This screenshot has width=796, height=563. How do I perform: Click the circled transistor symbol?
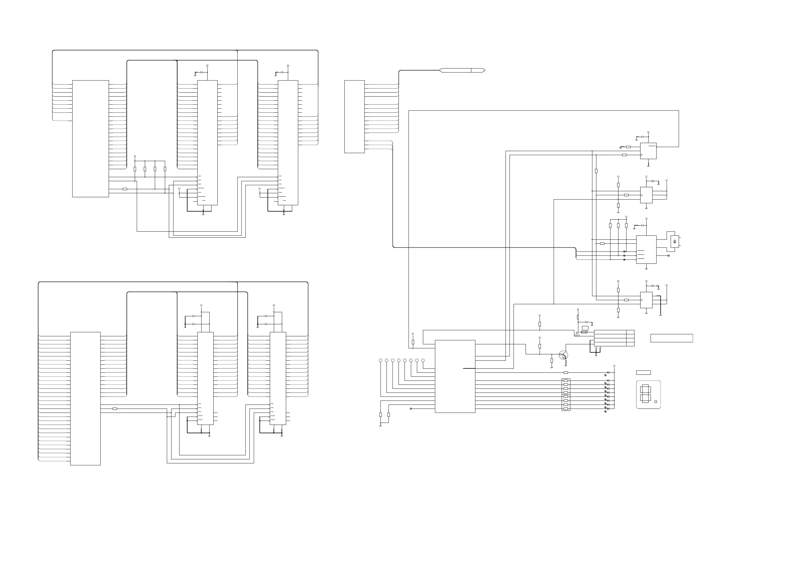tap(563, 355)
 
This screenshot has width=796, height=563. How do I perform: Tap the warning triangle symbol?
tap(577, 334)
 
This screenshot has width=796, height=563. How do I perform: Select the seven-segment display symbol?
tap(645, 395)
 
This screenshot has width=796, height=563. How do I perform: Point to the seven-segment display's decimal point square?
tap(656, 402)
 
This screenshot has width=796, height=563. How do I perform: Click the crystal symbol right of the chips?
tap(675, 241)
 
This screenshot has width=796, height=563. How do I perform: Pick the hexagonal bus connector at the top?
tap(462, 70)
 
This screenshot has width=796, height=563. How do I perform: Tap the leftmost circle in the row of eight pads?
tap(381, 360)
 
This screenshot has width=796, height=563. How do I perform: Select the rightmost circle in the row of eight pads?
tap(423, 360)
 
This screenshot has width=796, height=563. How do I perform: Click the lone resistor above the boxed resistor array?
tap(566, 372)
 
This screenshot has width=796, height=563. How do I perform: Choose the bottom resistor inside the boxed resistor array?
tap(566, 409)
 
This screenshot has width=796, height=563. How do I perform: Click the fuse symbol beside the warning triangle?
tap(584, 332)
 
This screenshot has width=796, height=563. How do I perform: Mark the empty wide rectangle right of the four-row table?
tap(672, 338)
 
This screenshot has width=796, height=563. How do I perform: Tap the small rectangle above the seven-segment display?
tap(643, 372)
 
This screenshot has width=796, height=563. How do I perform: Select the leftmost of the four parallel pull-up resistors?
tap(135, 169)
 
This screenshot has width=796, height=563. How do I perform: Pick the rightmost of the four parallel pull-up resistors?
tap(165, 169)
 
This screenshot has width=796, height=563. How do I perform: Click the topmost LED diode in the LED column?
tap(608, 372)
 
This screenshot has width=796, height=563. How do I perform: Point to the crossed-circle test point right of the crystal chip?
tap(668, 255)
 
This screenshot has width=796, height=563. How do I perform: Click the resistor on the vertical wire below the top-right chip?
tap(596, 171)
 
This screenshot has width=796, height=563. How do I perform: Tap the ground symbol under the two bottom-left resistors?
tap(381, 426)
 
